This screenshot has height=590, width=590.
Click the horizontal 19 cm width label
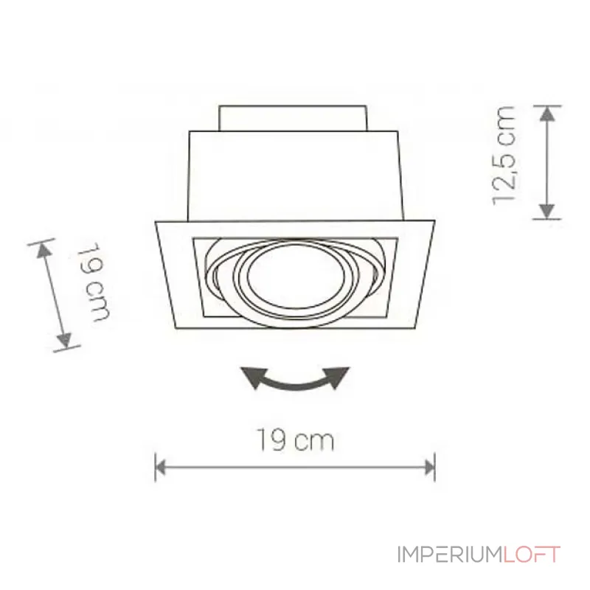296,441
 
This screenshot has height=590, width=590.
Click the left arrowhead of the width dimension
162,465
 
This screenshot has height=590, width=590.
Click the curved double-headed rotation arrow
296,381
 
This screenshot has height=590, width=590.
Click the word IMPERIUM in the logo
449,555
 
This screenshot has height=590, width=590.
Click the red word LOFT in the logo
532,555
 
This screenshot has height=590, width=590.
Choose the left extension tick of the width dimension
156,466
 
